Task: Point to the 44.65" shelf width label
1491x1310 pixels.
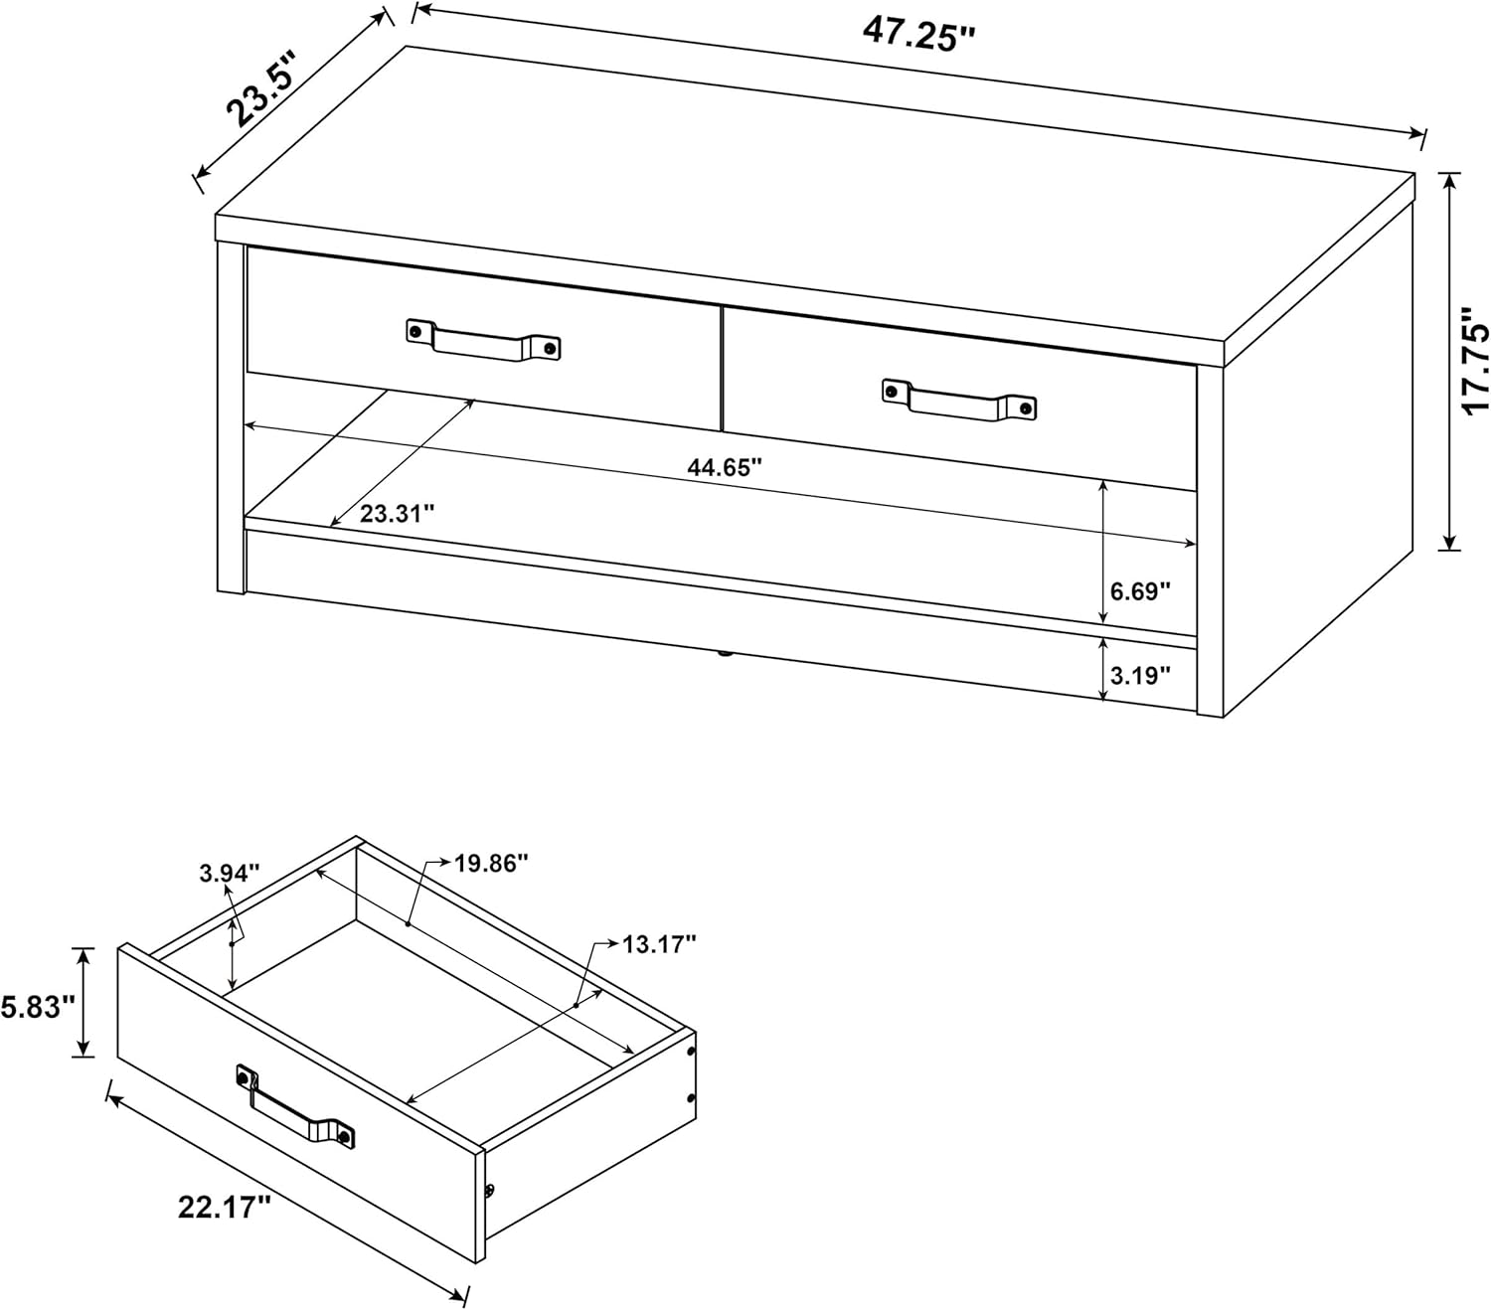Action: [725, 466]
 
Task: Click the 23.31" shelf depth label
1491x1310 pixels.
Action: [397, 513]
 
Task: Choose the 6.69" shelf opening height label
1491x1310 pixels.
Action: [1140, 590]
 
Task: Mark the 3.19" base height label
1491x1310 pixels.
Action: [1140, 675]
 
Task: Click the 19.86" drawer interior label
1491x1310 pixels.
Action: [491, 863]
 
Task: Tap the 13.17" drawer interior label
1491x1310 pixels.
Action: [659, 943]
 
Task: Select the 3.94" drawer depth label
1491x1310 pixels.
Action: [230, 874]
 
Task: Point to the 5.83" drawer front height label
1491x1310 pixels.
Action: [38, 1007]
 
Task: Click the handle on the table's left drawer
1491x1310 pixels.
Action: [483, 341]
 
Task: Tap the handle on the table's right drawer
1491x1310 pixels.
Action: [959, 402]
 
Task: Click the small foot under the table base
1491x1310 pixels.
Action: [725, 652]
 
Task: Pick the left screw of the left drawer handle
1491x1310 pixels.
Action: [416, 330]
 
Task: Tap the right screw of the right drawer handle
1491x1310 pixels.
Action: [1025, 407]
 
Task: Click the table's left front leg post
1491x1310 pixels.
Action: [231, 417]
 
